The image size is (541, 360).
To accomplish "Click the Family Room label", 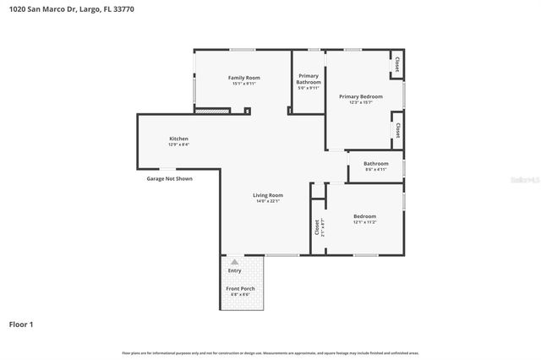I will point(243,78).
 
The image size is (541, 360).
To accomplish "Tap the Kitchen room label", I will point(178,138).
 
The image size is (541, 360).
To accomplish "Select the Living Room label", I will point(267,195).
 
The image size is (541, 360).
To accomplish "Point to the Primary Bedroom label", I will point(355,96).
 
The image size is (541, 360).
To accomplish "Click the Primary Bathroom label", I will point(308,79).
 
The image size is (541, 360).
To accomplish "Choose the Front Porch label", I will point(240,289).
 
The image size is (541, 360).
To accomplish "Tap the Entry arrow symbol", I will point(234,262).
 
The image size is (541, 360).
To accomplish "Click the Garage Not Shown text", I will point(169,178).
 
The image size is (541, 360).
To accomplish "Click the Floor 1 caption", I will point(21,324).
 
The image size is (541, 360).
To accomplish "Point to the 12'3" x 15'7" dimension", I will point(355,102).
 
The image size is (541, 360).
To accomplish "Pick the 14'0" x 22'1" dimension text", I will point(267,201).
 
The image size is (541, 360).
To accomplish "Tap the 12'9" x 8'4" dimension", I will point(178,144).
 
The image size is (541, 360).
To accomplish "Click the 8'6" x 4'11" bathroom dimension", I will point(376,169).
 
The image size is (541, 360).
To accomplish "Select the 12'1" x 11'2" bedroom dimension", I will point(365,222).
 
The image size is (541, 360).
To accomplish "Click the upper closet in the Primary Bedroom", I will point(396,64).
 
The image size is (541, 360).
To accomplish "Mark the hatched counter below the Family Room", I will point(212,110).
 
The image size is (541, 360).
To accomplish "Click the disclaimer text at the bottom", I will point(270,352).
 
